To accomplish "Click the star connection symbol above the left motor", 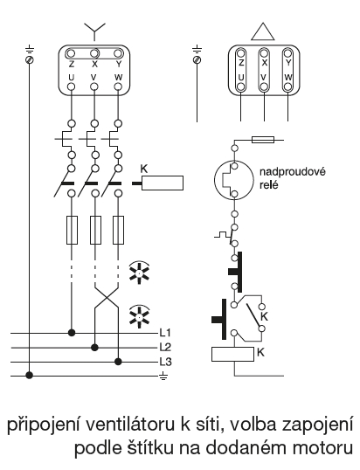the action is (x=94, y=31).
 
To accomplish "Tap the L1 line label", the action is (x=165, y=333).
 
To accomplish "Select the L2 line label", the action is (x=165, y=347).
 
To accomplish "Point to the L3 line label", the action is (x=165, y=362).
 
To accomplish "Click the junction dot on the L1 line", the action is (x=72, y=333).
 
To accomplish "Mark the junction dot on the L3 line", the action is (x=119, y=362).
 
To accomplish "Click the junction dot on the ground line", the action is (x=29, y=375).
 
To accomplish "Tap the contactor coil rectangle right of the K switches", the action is (x=163, y=183).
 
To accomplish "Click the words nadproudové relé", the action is (x=292, y=178).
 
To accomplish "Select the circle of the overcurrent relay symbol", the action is (x=232, y=180).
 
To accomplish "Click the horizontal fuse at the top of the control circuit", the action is (x=263, y=140).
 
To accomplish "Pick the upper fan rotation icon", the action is (x=140, y=273).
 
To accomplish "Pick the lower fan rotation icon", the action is (x=140, y=316).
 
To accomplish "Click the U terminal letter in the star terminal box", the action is (x=72, y=78).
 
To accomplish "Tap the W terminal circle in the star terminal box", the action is (x=119, y=87).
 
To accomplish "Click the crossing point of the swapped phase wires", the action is (x=107, y=298).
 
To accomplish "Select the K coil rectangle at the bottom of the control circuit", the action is (x=233, y=354).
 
